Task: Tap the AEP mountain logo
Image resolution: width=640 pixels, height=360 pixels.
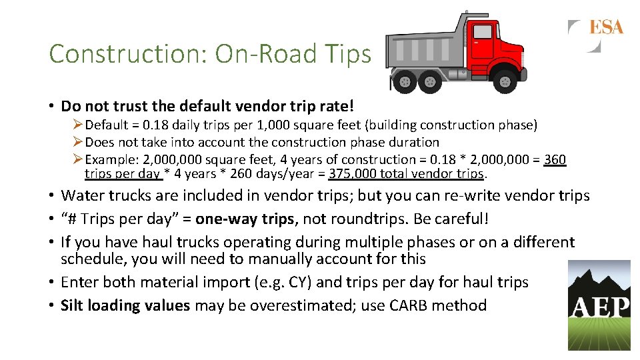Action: (x=599, y=305)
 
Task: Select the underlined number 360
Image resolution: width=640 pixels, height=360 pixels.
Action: (x=555, y=159)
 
